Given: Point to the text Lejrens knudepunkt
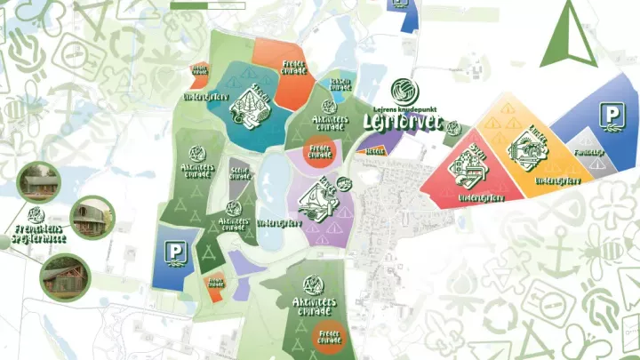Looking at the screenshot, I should point(403,105).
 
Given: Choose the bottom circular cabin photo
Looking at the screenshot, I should point(63,276).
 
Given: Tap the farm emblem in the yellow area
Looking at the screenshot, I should point(524,152).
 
